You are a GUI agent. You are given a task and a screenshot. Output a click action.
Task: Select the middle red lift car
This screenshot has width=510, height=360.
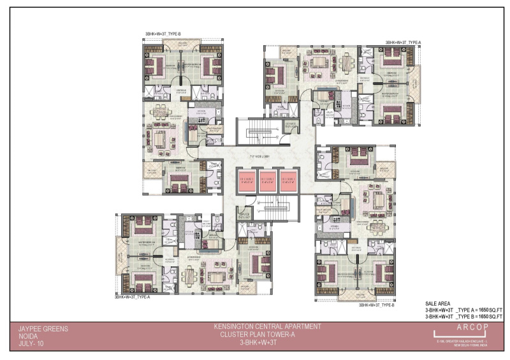[267, 180]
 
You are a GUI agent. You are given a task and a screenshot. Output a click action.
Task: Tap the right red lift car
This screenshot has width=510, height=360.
[288, 180]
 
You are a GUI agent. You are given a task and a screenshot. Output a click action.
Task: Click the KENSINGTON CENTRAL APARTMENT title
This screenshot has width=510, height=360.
[267, 327]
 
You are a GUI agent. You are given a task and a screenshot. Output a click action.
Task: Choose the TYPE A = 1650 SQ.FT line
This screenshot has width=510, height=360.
[464, 310]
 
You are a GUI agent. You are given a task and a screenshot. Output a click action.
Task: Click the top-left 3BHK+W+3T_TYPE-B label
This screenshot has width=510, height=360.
[163, 33]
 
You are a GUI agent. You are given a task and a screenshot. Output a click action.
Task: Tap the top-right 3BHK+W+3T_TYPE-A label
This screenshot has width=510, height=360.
[403, 42]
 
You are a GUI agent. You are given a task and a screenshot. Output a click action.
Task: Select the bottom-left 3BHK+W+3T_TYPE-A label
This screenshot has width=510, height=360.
[132, 297]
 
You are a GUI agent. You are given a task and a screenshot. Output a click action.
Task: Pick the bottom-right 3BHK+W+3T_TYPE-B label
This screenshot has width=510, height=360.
[376, 306]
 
